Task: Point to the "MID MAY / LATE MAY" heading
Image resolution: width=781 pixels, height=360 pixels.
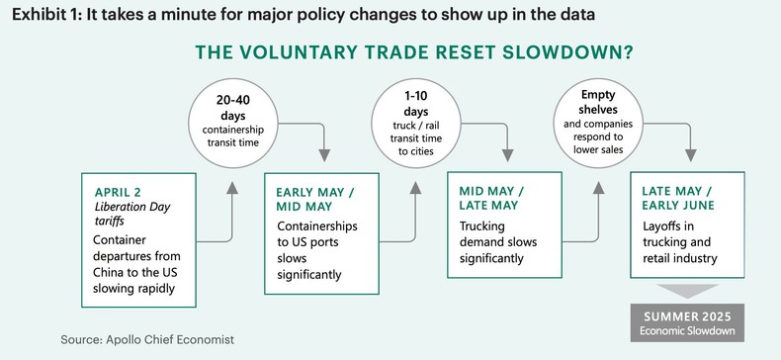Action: point(492,200)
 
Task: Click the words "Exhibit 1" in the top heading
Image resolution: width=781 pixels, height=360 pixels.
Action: point(48,15)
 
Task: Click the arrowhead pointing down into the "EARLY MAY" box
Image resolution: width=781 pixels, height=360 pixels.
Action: point(324,154)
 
